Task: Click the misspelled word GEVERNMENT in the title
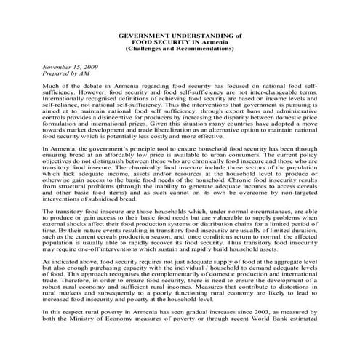pyautogui.click(x=145, y=34)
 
